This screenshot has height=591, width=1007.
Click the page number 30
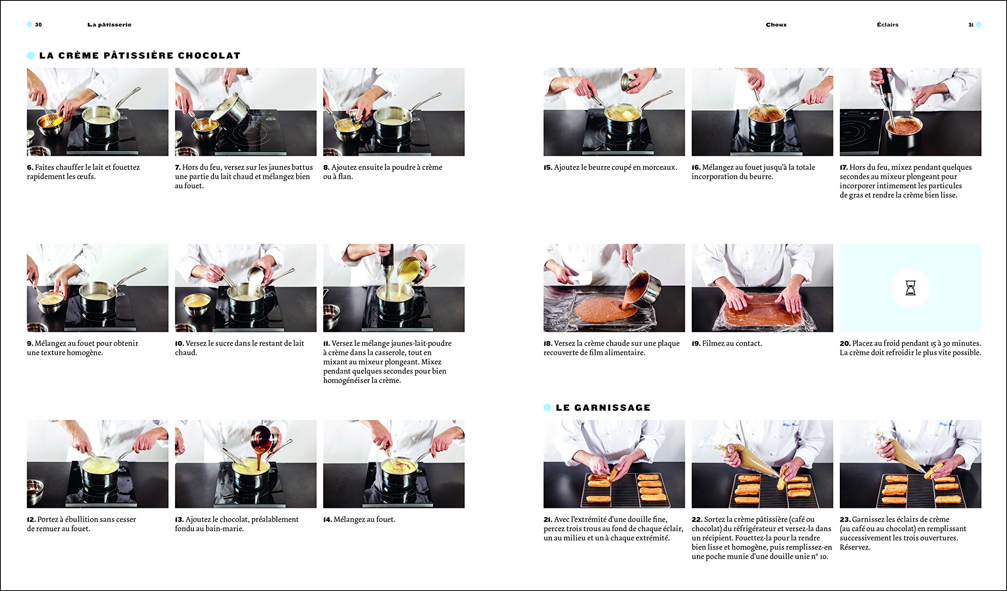pos(39,25)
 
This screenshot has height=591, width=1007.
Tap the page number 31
pos(971,25)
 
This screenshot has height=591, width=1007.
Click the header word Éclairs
pos(887,25)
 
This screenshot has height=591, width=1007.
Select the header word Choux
pos(776,25)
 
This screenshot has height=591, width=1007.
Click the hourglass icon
pos(910,288)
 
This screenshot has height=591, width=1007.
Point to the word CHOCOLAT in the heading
pos(209,55)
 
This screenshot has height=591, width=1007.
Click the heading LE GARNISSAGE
pos(603,408)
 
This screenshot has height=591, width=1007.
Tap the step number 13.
pos(179,519)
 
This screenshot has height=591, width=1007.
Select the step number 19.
pos(696,343)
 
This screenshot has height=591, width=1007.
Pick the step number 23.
pos(845,519)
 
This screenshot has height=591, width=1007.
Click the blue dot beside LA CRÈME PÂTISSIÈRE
pos(31,55)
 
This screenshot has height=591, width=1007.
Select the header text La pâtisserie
pos(109,25)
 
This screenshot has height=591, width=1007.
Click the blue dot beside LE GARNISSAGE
pos(548,408)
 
